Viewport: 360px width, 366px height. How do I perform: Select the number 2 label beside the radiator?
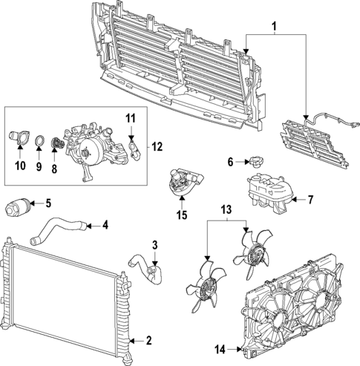coord(148,340)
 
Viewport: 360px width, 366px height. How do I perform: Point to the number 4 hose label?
coord(105,224)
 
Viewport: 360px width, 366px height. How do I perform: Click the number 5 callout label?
coord(48,202)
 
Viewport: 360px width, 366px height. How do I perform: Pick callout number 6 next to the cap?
coord(230,162)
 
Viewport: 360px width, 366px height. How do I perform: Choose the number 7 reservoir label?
coord(311,200)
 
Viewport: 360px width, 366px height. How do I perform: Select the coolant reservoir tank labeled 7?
coord(267,193)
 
